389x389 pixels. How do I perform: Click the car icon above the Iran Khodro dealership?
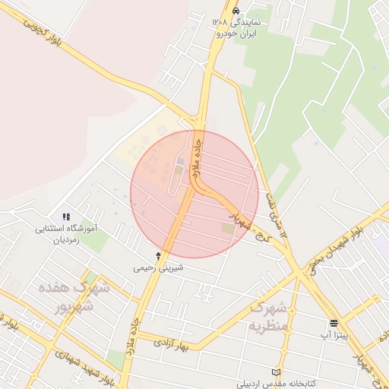coord(236,11)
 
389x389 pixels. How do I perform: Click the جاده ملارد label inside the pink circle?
coord(196,157)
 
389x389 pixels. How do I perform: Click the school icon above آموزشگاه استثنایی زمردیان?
coord(66,218)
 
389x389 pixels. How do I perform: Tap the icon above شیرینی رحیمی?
coord(158,256)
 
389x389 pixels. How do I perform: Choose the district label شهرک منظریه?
coord(268,317)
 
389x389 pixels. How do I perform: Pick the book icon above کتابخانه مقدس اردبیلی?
coord(276,372)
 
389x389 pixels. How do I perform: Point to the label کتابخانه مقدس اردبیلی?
coord(276,382)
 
